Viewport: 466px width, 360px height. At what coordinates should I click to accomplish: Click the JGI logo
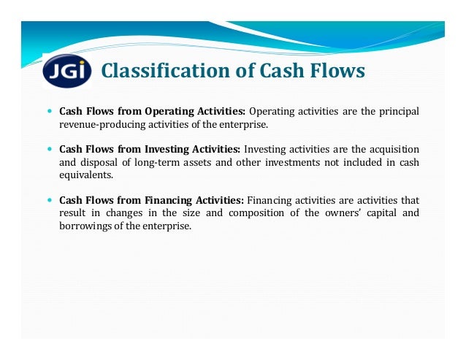68,71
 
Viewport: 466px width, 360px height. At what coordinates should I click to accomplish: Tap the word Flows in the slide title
333,71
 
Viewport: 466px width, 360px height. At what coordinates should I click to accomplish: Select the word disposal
101,162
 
